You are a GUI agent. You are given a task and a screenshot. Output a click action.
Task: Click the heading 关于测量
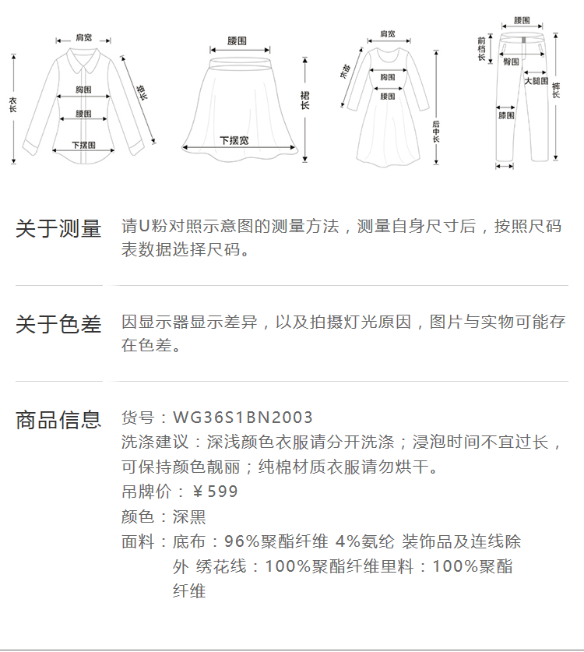(x=58, y=228)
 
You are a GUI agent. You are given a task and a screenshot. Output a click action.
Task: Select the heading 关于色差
(x=58, y=324)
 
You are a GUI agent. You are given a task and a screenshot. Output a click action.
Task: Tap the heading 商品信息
(x=58, y=420)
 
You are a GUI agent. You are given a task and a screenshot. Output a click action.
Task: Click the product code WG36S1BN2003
(x=242, y=418)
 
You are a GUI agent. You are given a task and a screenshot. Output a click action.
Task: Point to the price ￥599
(x=215, y=492)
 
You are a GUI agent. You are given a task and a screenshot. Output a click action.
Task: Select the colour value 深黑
(x=189, y=516)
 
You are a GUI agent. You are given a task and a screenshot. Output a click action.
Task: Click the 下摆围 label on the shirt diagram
(x=83, y=145)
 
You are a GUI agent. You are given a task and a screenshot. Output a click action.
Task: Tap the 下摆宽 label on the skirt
(x=234, y=140)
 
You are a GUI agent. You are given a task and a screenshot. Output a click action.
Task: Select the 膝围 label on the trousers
(x=506, y=115)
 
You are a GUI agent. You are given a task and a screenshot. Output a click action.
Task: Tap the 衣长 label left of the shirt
(x=12, y=106)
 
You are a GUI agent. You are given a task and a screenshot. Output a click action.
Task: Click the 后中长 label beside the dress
(x=436, y=130)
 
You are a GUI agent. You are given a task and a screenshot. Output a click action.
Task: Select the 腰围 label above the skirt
(x=237, y=40)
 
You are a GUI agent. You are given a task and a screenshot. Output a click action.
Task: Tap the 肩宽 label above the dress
(x=387, y=34)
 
